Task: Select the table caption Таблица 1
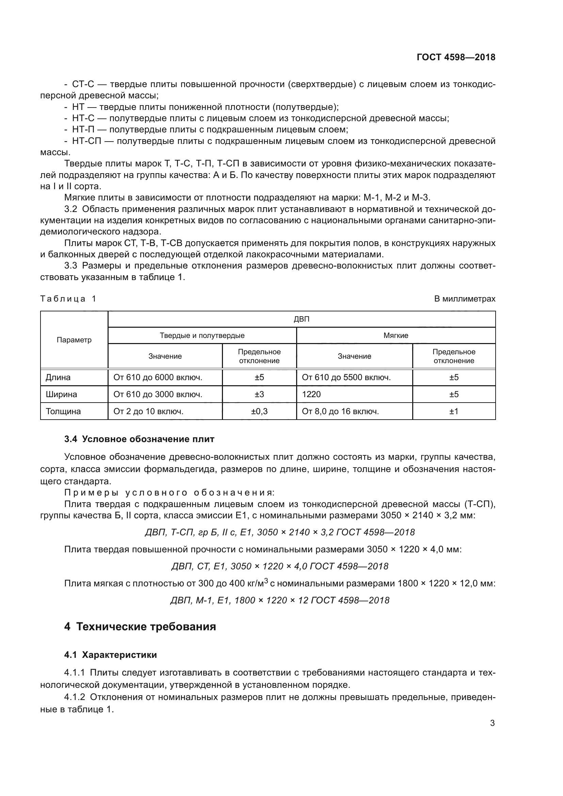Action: (68, 299)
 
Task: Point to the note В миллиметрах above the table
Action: (465, 299)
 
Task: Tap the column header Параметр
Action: (74, 340)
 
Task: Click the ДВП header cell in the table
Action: (301, 319)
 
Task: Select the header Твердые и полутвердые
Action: (202, 336)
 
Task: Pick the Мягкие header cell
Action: (396, 336)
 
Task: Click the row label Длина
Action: (58, 377)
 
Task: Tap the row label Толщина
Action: (63, 411)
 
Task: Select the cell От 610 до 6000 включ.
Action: (158, 377)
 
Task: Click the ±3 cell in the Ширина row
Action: (259, 394)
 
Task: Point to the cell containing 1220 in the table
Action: (311, 394)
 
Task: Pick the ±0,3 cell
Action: (259, 411)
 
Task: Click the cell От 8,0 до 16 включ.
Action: (340, 411)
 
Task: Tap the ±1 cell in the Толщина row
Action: (454, 411)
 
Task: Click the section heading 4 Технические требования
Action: (140, 627)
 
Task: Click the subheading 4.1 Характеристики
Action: (110, 655)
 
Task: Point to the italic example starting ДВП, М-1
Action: (279, 600)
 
